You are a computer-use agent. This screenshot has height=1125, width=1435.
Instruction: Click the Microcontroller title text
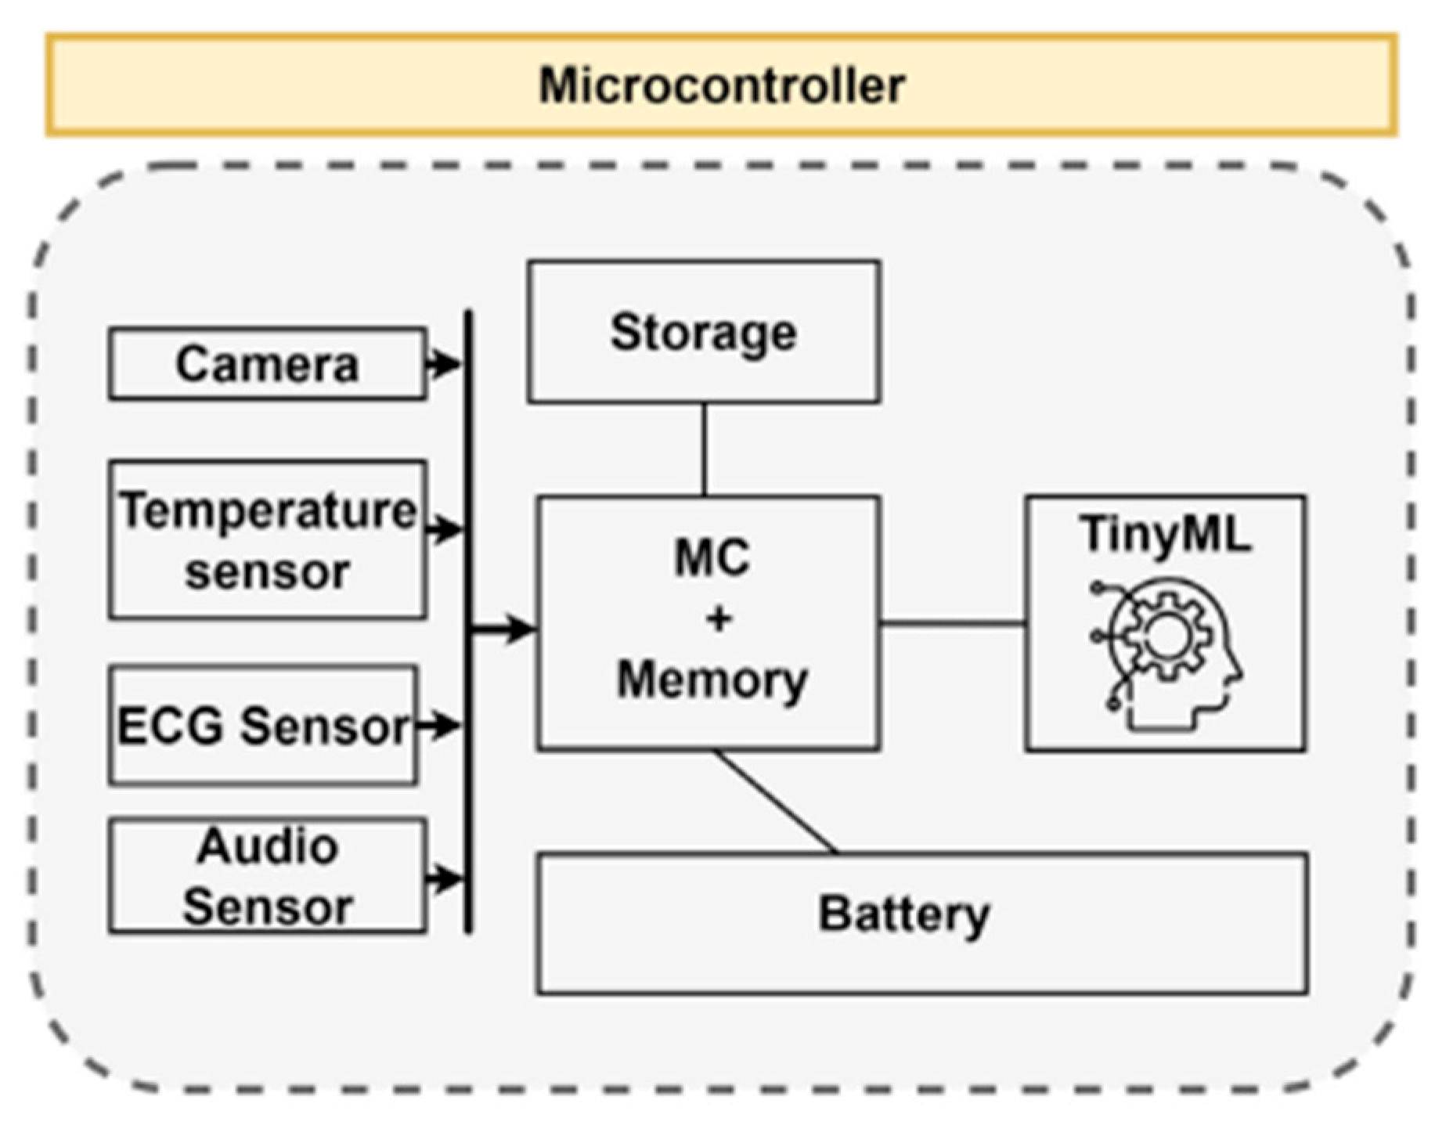click(x=721, y=85)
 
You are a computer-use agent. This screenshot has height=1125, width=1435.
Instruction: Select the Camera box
click(x=267, y=364)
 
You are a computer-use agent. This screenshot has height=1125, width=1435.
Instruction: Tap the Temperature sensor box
click(x=267, y=540)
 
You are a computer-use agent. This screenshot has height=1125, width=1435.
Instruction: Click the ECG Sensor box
click(x=263, y=725)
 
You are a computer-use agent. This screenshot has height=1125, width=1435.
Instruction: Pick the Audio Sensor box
click(x=267, y=876)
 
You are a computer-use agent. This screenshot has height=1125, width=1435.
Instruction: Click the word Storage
click(x=703, y=333)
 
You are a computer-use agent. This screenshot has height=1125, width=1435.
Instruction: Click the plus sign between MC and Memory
click(x=718, y=619)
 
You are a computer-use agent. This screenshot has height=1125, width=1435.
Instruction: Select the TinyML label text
click(x=1165, y=535)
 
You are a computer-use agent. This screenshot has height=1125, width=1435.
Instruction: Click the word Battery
click(x=903, y=914)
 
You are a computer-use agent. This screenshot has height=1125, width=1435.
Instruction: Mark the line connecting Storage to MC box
click(x=704, y=449)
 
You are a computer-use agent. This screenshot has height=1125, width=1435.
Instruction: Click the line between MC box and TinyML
click(x=952, y=624)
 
